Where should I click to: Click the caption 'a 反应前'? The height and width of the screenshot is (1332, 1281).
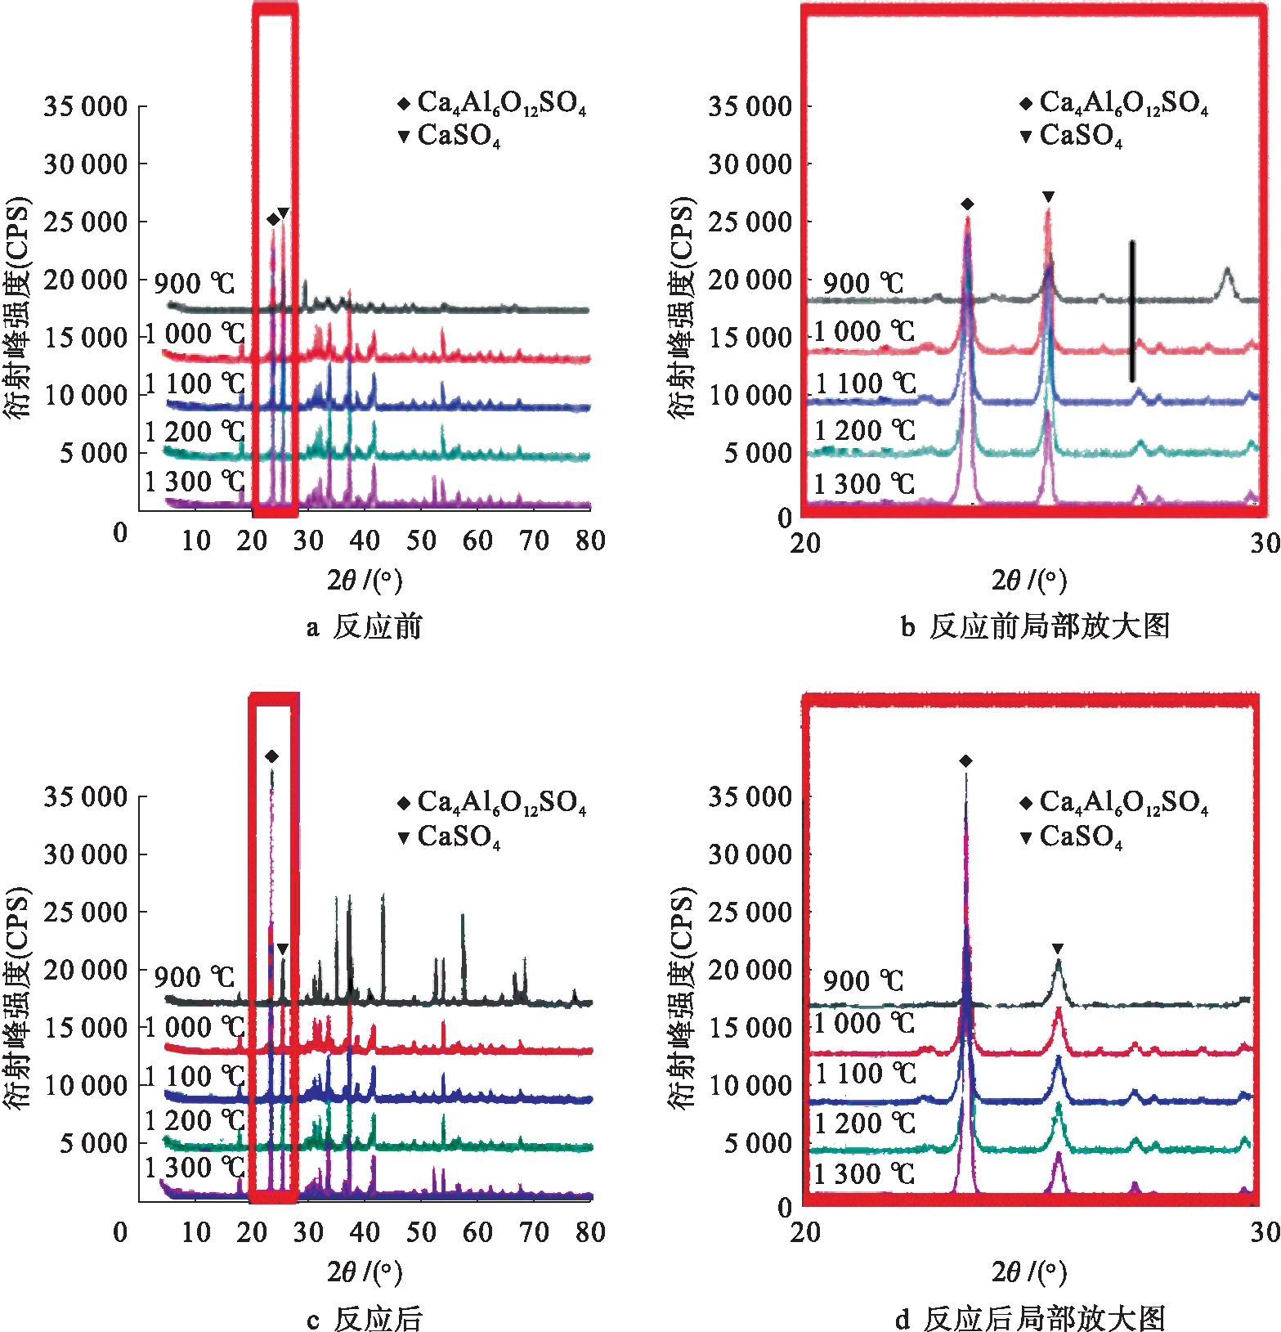[x=365, y=626]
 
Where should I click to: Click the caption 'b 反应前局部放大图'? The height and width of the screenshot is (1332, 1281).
[x=1035, y=626]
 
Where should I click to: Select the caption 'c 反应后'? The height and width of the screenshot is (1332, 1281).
[x=365, y=1318]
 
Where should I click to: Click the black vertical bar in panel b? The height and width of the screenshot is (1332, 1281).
[x=1132, y=311]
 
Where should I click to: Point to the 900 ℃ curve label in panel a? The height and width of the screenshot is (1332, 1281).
[x=195, y=284]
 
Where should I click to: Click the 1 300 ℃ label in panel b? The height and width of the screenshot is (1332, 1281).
[x=864, y=484]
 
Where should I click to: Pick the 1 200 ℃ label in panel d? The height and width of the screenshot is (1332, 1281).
[x=864, y=1123]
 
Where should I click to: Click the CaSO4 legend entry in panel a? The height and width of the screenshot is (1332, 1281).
[x=450, y=136]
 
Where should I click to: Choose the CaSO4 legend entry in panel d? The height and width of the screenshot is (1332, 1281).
[x=1073, y=836]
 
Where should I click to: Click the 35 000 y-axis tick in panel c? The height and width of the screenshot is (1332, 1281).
[x=86, y=796]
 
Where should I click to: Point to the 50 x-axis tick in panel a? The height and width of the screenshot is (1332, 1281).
[x=421, y=540]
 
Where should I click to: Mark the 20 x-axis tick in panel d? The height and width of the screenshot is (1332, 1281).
[x=805, y=1232]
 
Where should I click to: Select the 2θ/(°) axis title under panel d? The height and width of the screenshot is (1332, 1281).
[x=1029, y=1271]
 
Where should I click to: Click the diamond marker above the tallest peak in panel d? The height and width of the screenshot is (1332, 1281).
[x=965, y=761]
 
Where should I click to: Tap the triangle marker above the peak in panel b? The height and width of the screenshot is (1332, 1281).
[x=1048, y=197]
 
